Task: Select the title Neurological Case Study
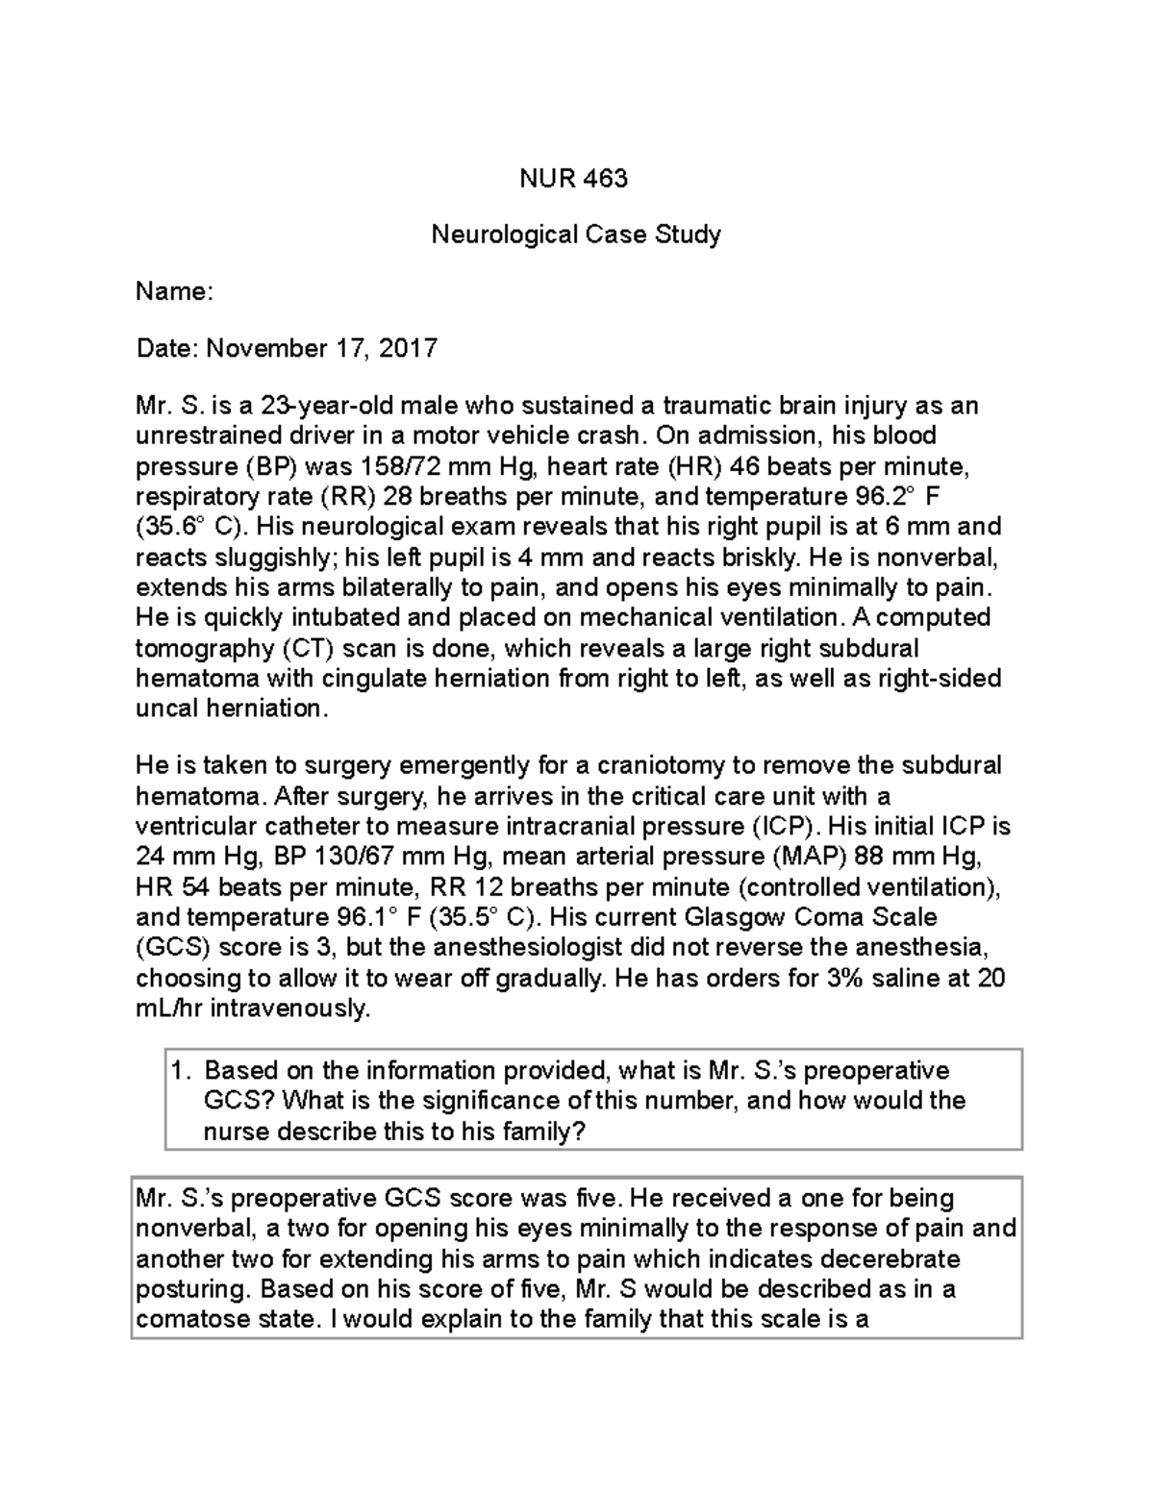click(576, 234)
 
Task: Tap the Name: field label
click(174, 291)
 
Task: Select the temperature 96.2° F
click(896, 497)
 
